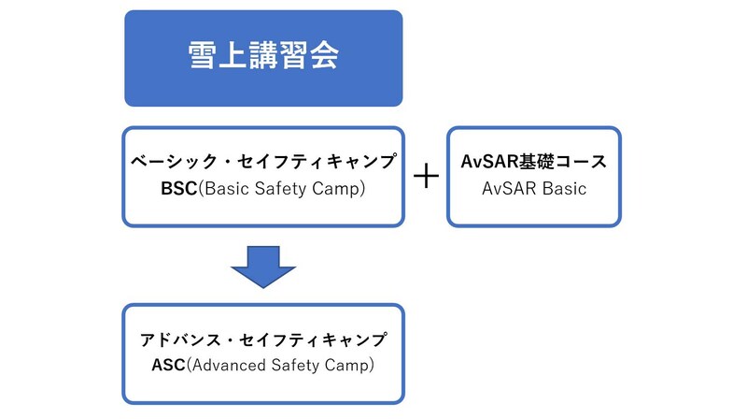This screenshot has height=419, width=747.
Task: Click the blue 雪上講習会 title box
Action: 263,58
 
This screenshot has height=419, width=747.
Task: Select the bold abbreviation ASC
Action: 168,366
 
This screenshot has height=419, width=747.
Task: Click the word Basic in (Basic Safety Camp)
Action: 221,188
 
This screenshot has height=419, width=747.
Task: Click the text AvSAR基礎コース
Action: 534,162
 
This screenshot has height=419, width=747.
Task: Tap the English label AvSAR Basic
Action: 534,188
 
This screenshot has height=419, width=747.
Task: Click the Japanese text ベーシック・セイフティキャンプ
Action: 263,162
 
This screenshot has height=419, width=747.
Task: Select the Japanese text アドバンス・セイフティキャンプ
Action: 263,340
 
